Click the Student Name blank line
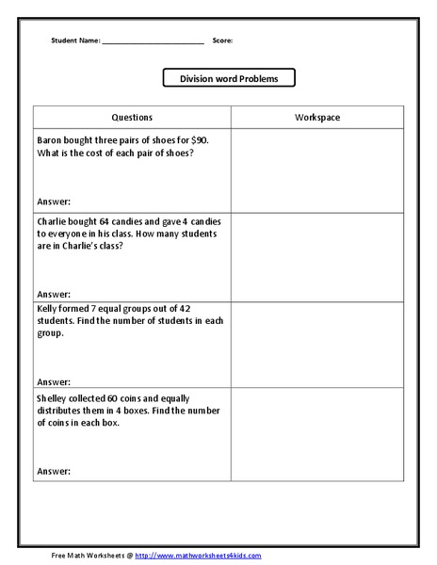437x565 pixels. click(x=153, y=41)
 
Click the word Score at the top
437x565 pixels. click(x=222, y=40)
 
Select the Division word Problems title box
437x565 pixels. click(x=229, y=78)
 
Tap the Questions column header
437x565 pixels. click(x=132, y=118)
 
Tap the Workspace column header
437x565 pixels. click(x=317, y=118)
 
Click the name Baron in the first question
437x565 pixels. click(x=51, y=139)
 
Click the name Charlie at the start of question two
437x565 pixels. click(x=54, y=220)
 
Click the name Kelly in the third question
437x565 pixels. click(x=49, y=309)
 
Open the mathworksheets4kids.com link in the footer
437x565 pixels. click(x=199, y=556)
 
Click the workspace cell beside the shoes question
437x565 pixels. click(x=317, y=170)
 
